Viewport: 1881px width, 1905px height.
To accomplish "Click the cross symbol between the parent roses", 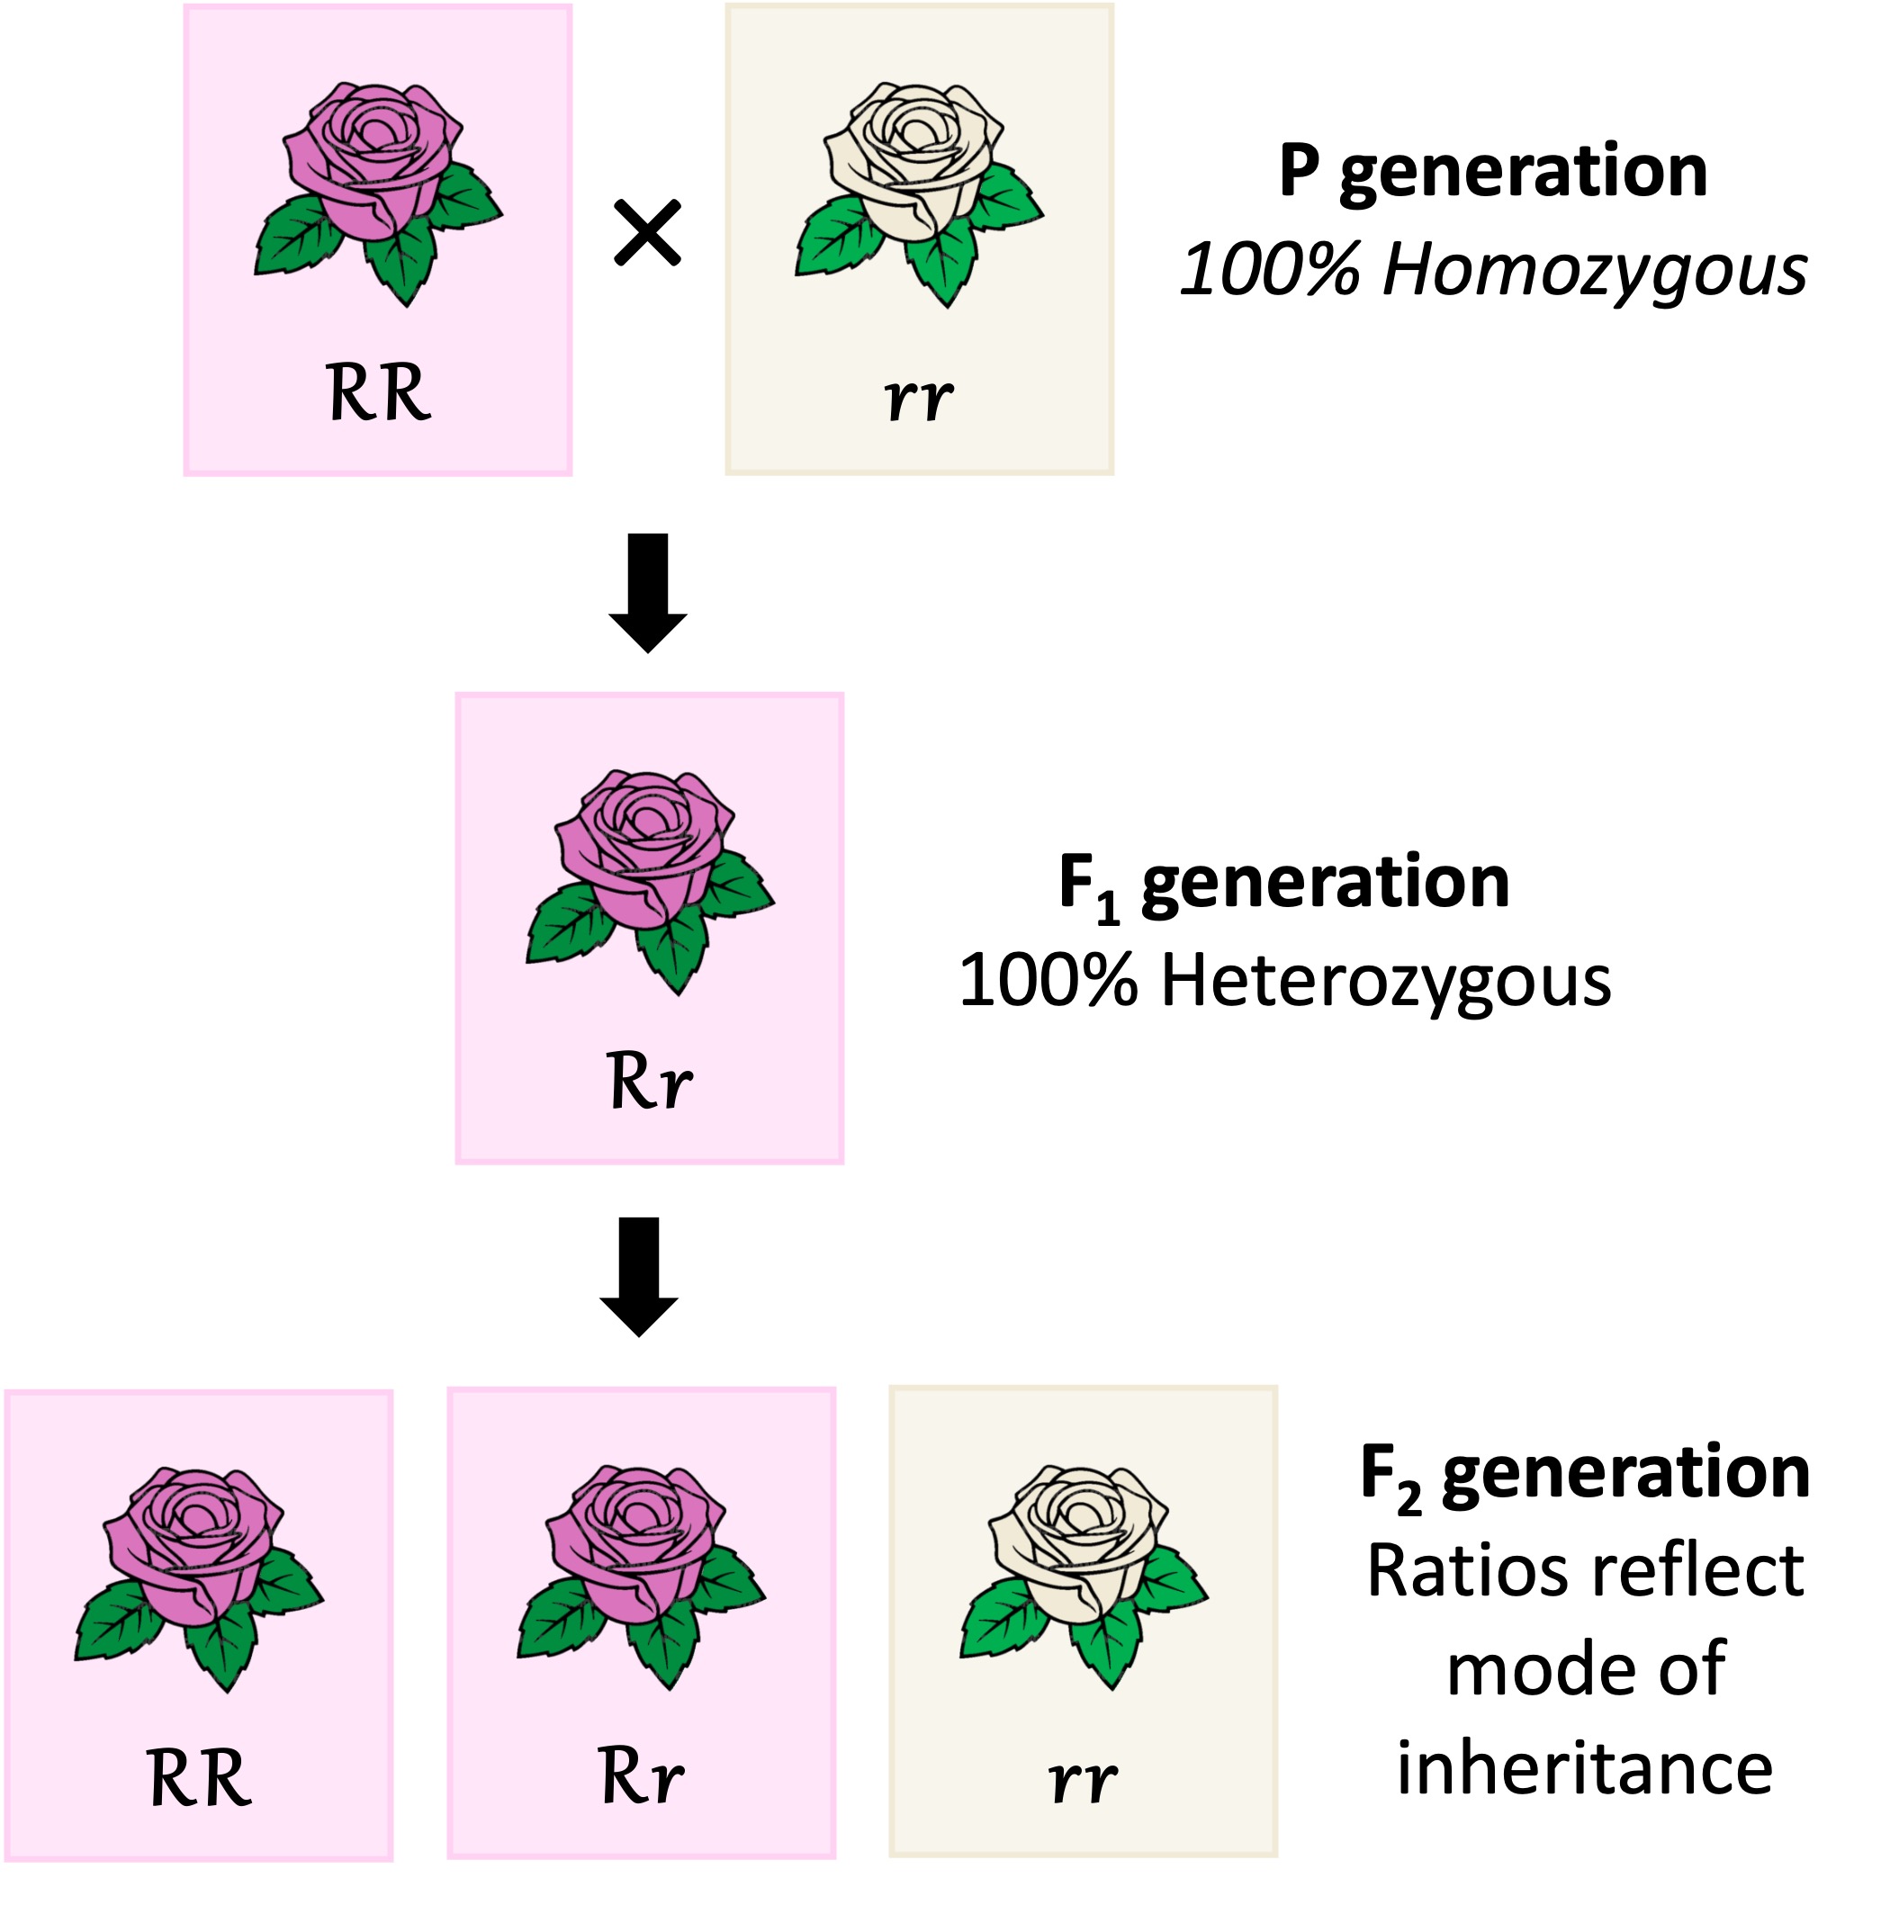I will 646,233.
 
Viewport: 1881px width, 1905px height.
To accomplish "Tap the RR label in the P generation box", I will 378,392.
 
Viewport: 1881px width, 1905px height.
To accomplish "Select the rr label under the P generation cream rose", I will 917,398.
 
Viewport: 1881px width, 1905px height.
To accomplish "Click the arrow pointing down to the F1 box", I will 647,591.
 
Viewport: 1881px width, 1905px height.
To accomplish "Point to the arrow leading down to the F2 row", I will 639,1276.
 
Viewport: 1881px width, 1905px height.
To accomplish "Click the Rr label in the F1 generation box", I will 648,1081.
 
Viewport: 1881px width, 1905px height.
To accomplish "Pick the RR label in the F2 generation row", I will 198,1778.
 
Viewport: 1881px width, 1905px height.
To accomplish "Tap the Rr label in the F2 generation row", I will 640,1775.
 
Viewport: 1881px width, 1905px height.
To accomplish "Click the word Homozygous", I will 1593,270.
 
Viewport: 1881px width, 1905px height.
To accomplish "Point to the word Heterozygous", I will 1384,981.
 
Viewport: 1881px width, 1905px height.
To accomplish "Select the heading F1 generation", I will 1283,883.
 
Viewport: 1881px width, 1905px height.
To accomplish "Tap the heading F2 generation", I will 1583,1472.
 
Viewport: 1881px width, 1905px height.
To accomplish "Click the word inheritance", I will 1584,1768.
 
